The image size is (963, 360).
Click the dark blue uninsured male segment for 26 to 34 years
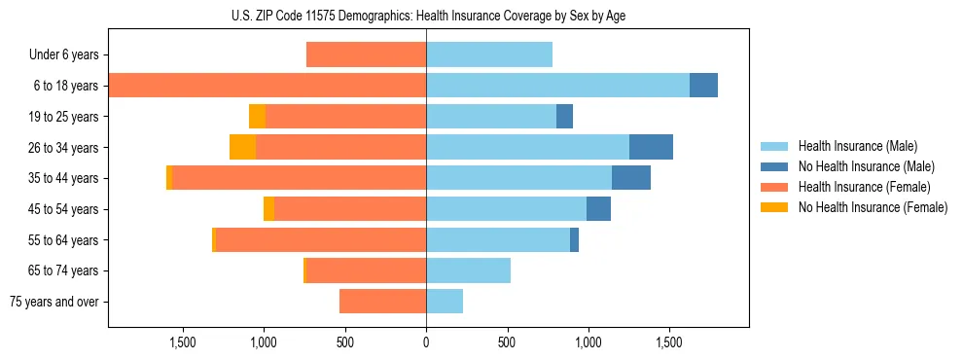pyautogui.click(x=651, y=147)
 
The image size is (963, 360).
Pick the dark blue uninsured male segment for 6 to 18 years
pyautogui.click(x=703, y=86)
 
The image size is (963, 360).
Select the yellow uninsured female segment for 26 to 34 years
pyautogui.click(x=242, y=147)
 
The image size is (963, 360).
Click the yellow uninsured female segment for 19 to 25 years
pyautogui.click(x=257, y=117)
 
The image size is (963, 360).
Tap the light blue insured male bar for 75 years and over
pyautogui.click(x=445, y=302)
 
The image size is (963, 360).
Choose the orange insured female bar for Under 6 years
pyautogui.click(x=366, y=54)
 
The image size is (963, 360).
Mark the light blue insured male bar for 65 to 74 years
pyautogui.click(x=468, y=270)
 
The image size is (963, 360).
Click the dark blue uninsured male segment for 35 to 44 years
pyautogui.click(x=630, y=178)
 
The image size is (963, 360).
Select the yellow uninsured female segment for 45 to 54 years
pyautogui.click(x=268, y=209)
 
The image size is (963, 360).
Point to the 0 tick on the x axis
pyautogui.click(x=426, y=342)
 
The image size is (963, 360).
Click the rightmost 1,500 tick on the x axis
pyautogui.click(x=668, y=342)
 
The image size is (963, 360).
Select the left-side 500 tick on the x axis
pyautogui.click(x=345, y=342)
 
